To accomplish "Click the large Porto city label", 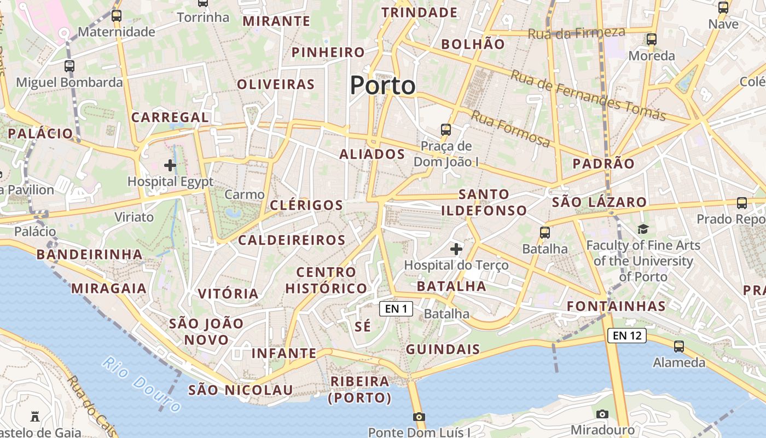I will [x=382, y=85].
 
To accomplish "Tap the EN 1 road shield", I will [x=396, y=309].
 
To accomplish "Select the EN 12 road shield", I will [x=626, y=336].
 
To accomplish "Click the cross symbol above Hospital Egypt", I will [x=170, y=164].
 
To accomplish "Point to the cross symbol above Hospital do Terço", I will [x=456, y=249].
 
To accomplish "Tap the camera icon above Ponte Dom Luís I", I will [x=419, y=417].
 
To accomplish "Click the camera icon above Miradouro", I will [x=602, y=414].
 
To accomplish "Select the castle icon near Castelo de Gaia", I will [x=35, y=417].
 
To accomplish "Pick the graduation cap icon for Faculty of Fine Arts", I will [x=643, y=229].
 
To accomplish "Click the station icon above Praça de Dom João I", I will [x=446, y=130].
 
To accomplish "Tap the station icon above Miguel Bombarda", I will [x=69, y=66].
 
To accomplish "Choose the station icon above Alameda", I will [x=679, y=346].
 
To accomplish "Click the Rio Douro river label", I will [x=142, y=384].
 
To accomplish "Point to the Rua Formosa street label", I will [x=510, y=129].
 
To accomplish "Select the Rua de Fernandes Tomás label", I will [x=588, y=96].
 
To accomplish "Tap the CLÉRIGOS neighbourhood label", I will [x=306, y=205].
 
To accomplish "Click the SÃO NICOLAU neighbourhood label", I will [x=241, y=390].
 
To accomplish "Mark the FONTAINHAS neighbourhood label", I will [x=616, y=306].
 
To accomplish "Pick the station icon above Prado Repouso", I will [x=741, y=203].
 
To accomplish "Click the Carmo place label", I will [x=245, y=194].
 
